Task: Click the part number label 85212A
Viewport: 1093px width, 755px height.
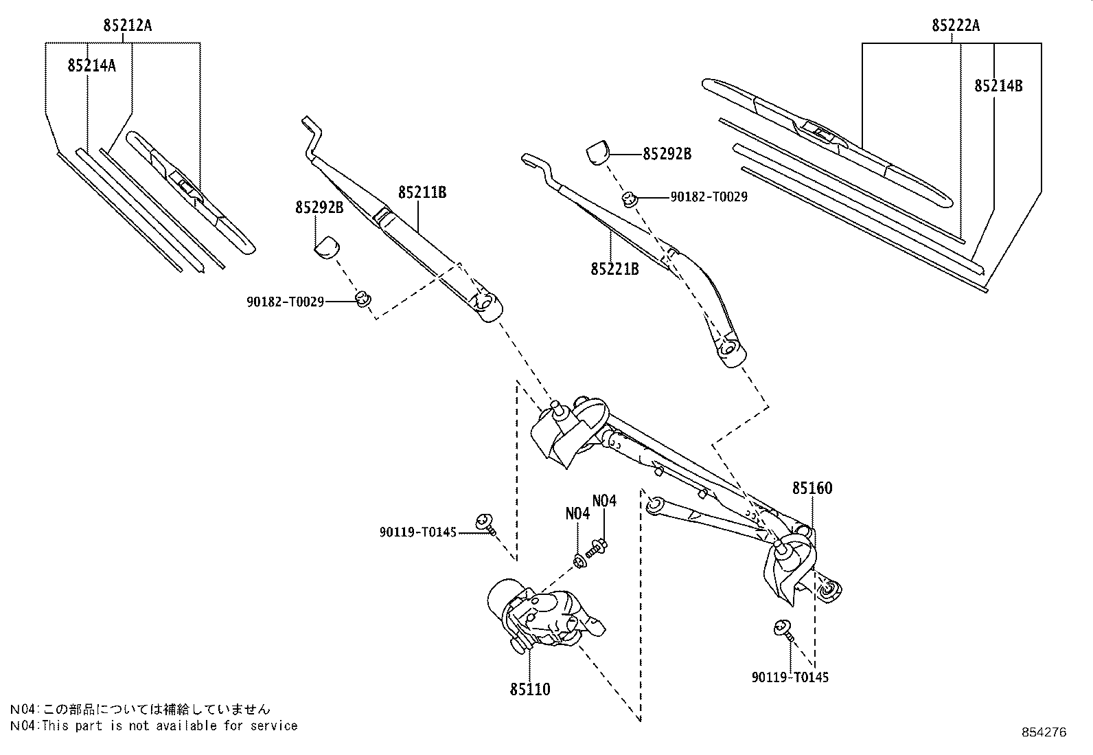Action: [x=128, y=26]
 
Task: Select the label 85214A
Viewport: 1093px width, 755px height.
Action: [x=91, y=65]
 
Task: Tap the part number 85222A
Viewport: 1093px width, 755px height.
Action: [x=956, y=26]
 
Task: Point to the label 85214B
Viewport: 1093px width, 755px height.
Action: [x=998, y=86]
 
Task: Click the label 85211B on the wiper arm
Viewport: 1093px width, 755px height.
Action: [x=422, y=192]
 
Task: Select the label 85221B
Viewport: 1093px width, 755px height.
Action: [x=614, y=269]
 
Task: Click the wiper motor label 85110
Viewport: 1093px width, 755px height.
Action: [x=530, y=689]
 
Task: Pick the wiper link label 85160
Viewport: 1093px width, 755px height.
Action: [x=812, y=488]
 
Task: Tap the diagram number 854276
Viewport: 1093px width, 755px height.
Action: [x=1044, y=732]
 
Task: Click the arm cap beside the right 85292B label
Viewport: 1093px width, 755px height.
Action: [x=598, y=153]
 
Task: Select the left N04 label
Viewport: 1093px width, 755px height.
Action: [x=577, y=514]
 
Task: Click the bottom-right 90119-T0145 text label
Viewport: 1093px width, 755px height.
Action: [x=790, y=677]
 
